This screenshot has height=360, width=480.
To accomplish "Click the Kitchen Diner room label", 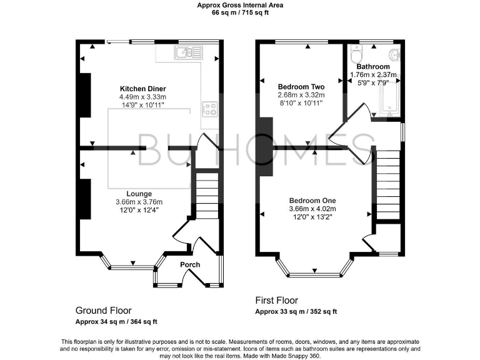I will point(142,88).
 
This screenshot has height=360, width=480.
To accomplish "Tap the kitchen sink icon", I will point(186,52).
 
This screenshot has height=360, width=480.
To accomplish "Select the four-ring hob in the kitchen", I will point(209,110).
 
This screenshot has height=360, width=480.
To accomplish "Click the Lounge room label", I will point(139,194).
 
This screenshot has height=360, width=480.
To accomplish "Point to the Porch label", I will point(190,264).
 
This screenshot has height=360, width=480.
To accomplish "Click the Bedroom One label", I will point(312,200).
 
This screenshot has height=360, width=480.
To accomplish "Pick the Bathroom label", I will point(373,67).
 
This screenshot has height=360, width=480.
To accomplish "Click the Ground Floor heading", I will point(103,311).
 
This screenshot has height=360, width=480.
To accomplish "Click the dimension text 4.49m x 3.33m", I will point(142,97).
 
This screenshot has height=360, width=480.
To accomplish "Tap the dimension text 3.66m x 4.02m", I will point(312,209).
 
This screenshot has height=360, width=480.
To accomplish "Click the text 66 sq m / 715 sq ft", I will point(240,12).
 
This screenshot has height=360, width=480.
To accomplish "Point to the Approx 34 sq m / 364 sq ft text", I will point(116,322).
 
